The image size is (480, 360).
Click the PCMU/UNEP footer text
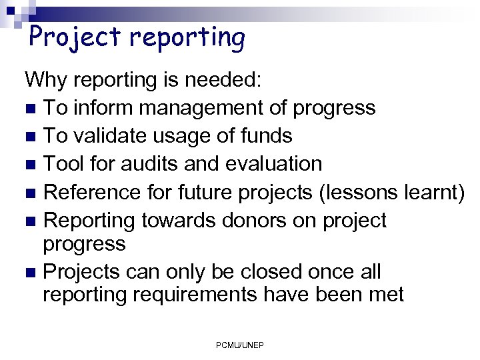pos(240,345)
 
